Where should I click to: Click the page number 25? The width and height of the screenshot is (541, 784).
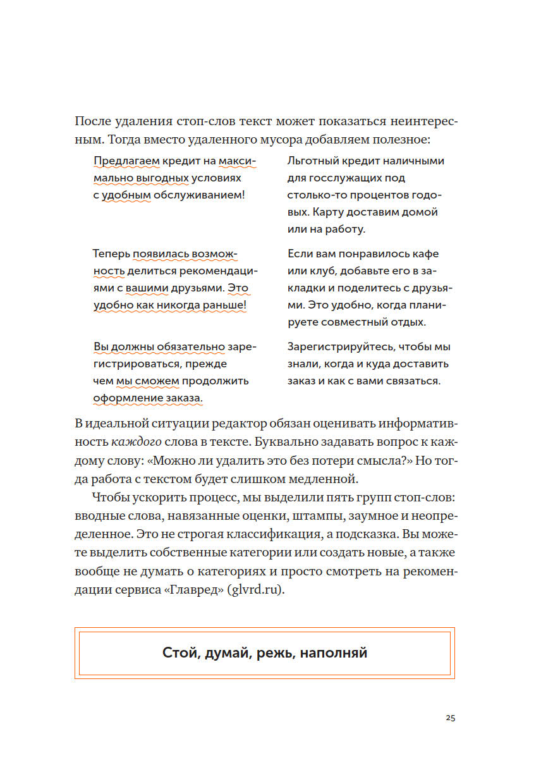[x=450, y=718]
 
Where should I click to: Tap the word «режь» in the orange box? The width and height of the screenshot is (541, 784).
[x=276, y=653]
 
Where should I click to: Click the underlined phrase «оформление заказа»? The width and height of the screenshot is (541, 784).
[x=147, y=398]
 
